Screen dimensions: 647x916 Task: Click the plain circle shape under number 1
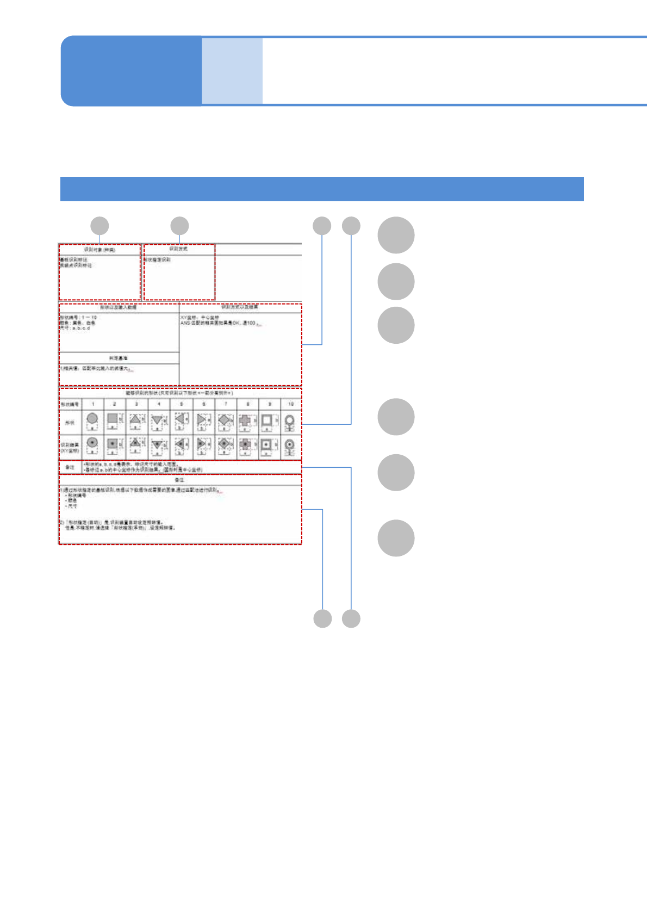point(92,419)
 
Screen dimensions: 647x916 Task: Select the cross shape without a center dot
point(245,420)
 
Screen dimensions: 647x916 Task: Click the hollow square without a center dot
point(266,420)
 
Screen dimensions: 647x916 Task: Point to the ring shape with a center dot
point(290,444)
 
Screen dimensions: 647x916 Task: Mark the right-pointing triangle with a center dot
point(202,444)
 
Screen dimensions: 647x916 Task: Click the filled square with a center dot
point(112,444)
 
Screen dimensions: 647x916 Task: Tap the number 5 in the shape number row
point(182,404)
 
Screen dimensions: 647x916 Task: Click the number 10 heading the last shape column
point(291,404)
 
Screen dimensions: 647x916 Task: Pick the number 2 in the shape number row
point(114,404)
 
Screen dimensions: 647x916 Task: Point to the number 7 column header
point(226,404)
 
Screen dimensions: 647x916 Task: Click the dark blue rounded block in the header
point(130,71)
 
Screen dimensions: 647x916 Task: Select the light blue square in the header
point(232,71)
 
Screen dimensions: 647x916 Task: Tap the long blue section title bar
point(322,189)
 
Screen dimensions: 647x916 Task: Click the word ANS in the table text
point(185,323)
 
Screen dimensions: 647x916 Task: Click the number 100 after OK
point(251,323)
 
